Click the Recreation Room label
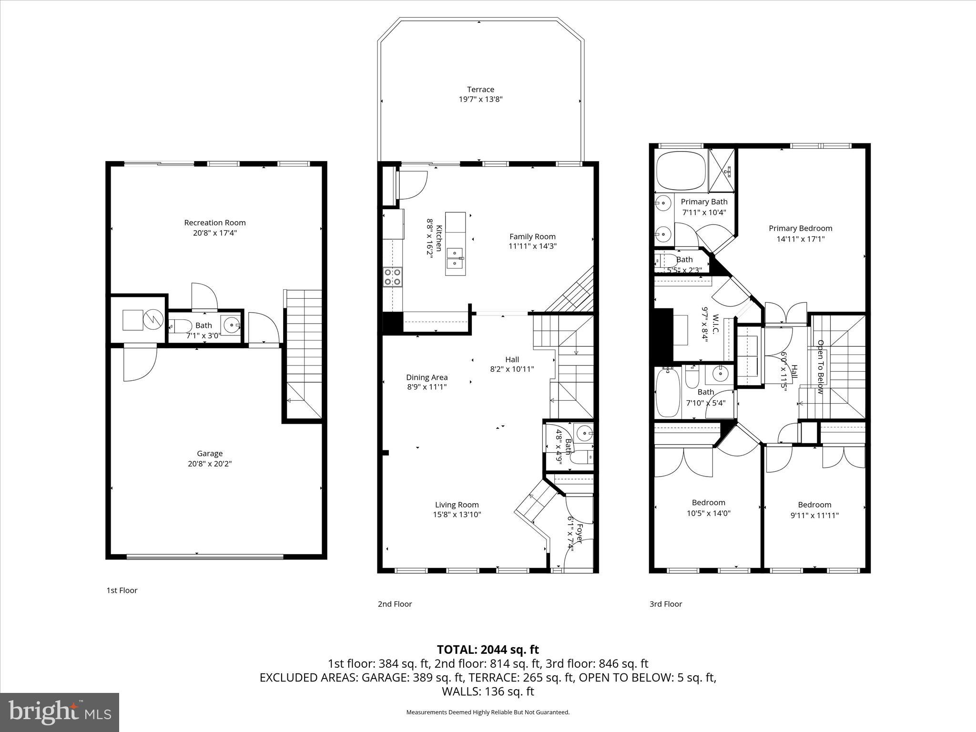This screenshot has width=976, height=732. [x=215, y=223]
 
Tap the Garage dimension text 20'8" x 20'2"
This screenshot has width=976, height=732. [x=210, y=464]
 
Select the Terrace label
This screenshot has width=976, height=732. [x=480, y=89]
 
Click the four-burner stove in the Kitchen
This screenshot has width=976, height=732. [x=393, y=277]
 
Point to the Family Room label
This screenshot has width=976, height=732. [x=532, y=236]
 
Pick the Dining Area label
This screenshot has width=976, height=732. [x=427, y=377]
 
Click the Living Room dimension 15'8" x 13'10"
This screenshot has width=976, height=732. [x=457, y=515]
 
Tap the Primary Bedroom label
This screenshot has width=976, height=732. [x=801, y=228]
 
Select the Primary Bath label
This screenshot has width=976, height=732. [x=704, y=202]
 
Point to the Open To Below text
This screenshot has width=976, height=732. [x=821, y=366]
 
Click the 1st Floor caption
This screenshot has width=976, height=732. [x=122, y=590]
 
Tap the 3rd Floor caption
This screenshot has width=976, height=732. [x=666, y=604]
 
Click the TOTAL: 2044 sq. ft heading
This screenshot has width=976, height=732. [x=488, y=650]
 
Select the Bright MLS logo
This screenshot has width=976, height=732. [x=60, y=712]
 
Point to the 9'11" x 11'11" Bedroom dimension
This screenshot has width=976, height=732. [x=814, y=515]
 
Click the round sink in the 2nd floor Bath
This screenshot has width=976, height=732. [x=584, y=433]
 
